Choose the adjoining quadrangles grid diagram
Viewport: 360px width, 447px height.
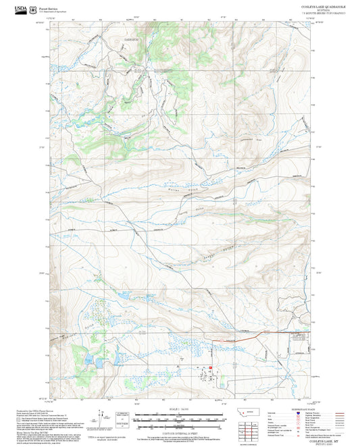(x=249, y=429)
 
